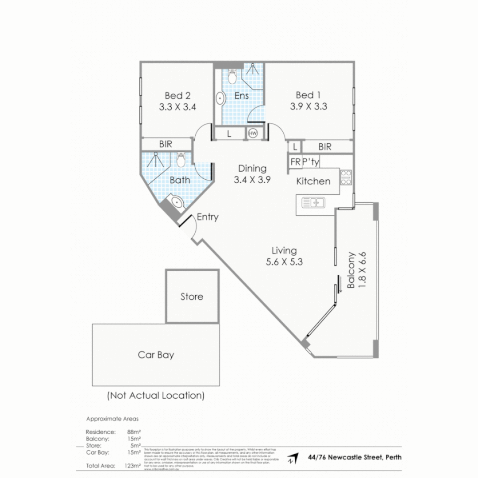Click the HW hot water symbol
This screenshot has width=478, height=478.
[x=253, y=133]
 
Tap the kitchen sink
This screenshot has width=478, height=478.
[x=313, y=203]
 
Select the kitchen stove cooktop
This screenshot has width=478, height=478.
[x=346, y=177]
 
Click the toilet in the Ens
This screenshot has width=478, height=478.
[x=231, y=77]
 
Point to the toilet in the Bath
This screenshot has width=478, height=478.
[x=181, y=160]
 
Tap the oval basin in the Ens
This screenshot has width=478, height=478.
[x=220, y=99]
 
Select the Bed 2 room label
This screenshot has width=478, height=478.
[x=177, y=95]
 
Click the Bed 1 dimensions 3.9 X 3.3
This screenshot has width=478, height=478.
[x=308, y=106]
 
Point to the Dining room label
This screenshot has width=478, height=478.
[x=252, y=168]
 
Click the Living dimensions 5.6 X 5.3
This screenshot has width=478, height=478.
[x=284, y=262]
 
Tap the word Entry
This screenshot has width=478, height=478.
[x=208, y=217]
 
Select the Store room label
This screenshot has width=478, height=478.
[x=192, y=297]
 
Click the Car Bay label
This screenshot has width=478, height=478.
[x=156, y=355]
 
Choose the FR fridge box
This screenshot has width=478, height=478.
[x=295, y=162]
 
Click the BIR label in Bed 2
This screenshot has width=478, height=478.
[x=166, y=144]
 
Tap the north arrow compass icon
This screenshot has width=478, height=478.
[x=291, y=459]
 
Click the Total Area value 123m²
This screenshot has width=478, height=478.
[x=133, y=466]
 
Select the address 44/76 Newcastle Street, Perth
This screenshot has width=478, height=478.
[x=355, y=457]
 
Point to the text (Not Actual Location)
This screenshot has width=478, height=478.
[x=155, y=395]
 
